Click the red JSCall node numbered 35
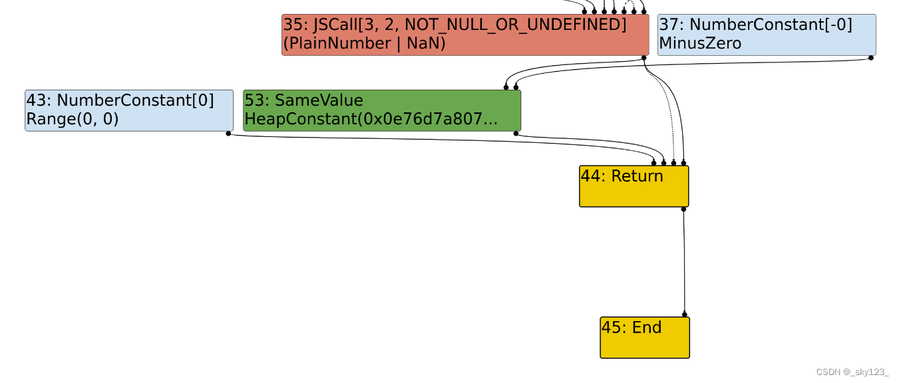[x=464, y=35]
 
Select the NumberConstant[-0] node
[x=766, y=35]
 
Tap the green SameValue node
[x=381, y=110]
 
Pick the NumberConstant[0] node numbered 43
[x=129, y=110]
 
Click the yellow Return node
[x=633, y=186]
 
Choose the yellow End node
[x=644, y=337]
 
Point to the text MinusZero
[x=699, y=44]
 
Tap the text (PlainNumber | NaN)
[x=364, y=44]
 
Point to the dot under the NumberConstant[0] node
[x=228, y=134]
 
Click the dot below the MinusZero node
[x=870, y=58]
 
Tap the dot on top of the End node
[x=684, y=315]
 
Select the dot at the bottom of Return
[x=683, y=209]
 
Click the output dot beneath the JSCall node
[x=643, y=58]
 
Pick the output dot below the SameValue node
[x=516, y=134]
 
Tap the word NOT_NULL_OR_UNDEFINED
[x=516, y=25]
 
